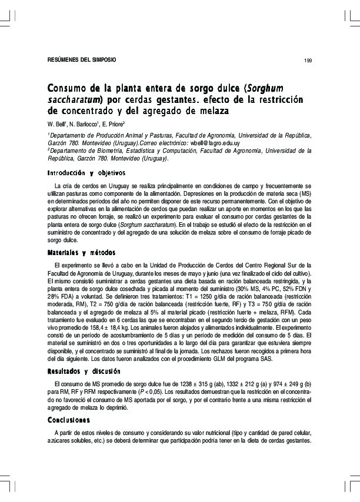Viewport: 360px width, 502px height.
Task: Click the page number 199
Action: (x=308, y=61)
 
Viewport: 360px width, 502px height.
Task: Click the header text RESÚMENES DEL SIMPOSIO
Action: (x=82, y=60)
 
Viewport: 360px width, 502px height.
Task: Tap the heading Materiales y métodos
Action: (x=81, y=252)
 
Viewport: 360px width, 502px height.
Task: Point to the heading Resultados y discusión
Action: (x=84, y=372)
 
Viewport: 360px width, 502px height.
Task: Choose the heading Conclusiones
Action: (x=69, y=420)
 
